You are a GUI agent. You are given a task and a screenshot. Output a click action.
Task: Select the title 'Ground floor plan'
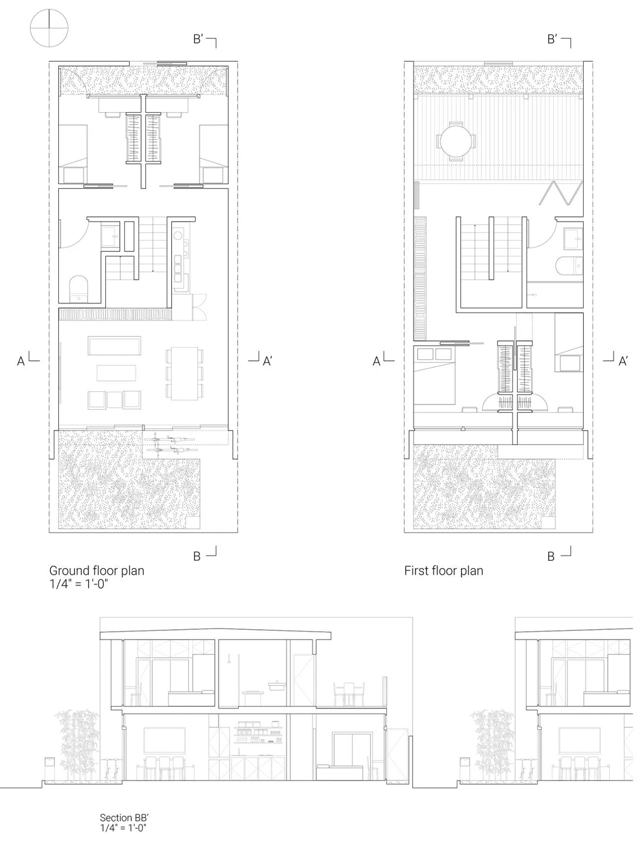[96, 570]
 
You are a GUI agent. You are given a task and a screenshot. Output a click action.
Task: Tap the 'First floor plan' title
[443, 570]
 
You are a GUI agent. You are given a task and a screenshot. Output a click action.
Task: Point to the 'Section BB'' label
[124, 818]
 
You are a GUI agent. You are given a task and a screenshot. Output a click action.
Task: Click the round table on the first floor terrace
[456, 141]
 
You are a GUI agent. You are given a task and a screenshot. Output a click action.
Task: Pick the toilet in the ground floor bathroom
[78, 288]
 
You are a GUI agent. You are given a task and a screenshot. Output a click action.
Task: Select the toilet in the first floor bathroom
[569, 266]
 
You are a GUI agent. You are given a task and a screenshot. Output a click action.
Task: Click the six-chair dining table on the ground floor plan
[184, 373]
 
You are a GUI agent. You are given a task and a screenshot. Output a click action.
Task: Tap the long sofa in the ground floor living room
[114, 345]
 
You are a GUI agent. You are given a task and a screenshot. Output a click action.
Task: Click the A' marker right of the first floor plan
[616, 360]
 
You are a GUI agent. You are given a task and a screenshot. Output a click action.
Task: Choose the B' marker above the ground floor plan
[205, 41]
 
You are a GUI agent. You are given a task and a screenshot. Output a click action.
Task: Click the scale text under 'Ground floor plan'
[78, 584]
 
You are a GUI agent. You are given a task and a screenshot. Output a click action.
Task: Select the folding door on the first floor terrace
[561, 193]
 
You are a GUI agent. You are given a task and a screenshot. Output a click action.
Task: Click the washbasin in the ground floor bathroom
[110, 236]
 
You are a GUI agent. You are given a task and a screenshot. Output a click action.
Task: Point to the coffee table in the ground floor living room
[116, 372]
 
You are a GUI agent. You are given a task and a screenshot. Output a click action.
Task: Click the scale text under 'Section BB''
[124, 827]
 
